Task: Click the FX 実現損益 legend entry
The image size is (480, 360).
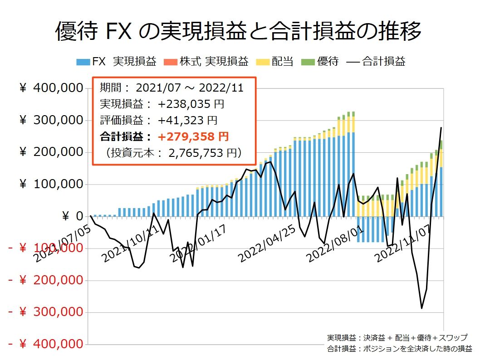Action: click(x=117, y=62)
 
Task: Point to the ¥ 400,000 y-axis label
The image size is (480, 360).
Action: click(x=51, y=88)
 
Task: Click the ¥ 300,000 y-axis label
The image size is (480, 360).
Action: click(x=51, y=120)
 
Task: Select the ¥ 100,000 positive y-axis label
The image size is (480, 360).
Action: click(x=51, y=185)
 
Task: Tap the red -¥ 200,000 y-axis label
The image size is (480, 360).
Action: click(x=45, y=280)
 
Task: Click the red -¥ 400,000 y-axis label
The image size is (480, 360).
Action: click(x=45, y=344)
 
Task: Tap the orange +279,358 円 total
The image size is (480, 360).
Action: click(x=193, y=137)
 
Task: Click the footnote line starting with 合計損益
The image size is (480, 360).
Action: click(x=399, y=349)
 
